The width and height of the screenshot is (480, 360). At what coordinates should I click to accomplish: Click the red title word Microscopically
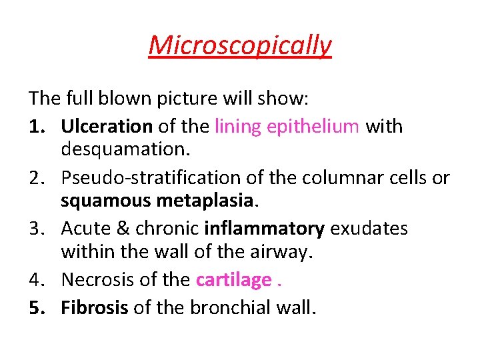pyautogui.click(x=240, y=45)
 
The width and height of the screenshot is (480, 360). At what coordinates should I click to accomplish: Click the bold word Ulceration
pyautogui.click(x=107, y=126)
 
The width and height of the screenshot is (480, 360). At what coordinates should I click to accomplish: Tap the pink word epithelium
pyautogui.click(x=313, y=126)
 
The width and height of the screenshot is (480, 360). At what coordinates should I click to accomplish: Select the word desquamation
pyautogui.click(x=126, y=150)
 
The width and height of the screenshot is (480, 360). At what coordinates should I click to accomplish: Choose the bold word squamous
pyautogui.click(x=101, y=202)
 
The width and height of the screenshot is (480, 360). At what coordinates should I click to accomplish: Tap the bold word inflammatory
pyautogui.click(x=264, y=229)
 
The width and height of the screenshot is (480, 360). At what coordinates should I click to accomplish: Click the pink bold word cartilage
pyautogui.click(x=234, y=279)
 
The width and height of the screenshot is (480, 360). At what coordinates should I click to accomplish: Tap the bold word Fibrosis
pyautogui.click(x=95, y=307)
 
